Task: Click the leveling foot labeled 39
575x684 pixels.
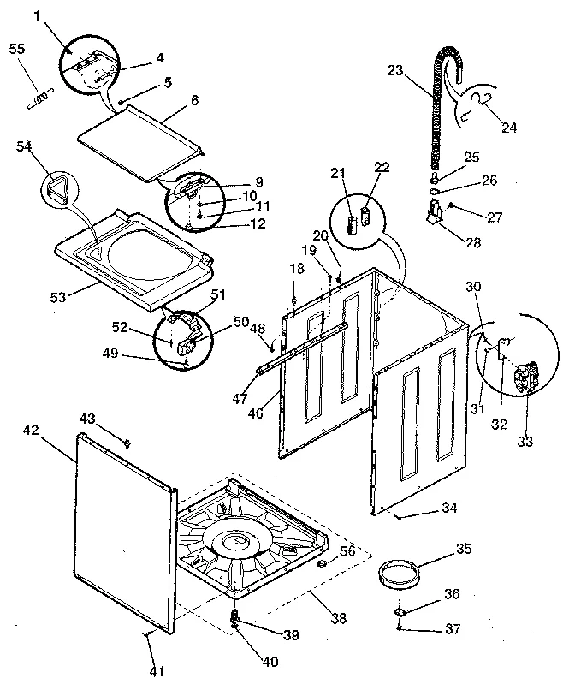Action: pyautogui.click(x=234, y=617)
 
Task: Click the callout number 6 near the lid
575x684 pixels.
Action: pyautogui.click(x=194, y=99)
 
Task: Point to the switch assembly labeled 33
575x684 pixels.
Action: pyautogui.click(x=524, y=377)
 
